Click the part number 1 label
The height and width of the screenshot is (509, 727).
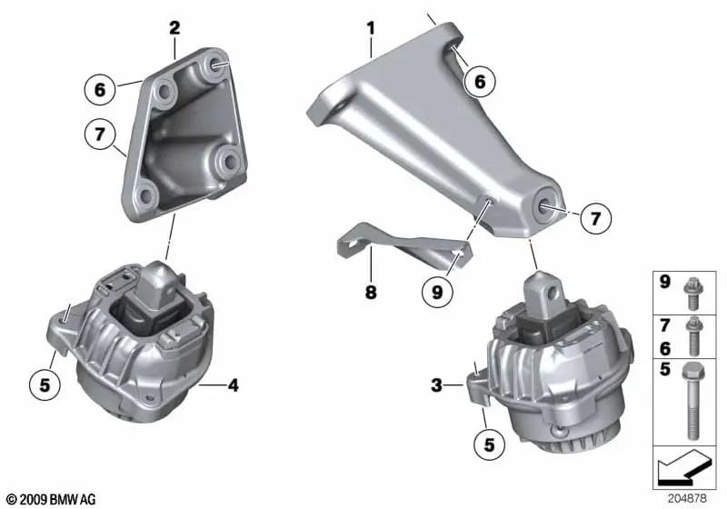pyautogui.click(x=371, y=28)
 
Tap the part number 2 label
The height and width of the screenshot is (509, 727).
pyautogui.click(x=174, y=28)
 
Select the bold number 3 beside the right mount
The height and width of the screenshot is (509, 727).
pyautogui.click(x=437, y=386)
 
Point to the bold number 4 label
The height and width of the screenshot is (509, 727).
pyautogui.click(x=234, y=386)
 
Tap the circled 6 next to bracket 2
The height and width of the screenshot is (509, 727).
pyautogui.click(x=101, y=89)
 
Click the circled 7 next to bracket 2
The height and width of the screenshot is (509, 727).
pyautogui.click(x=101, y=135)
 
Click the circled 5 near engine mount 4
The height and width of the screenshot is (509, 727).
pyautogui.click(x=45, y=384)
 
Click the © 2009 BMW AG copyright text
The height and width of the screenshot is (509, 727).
pyautogui.click(x=50, y=499)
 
